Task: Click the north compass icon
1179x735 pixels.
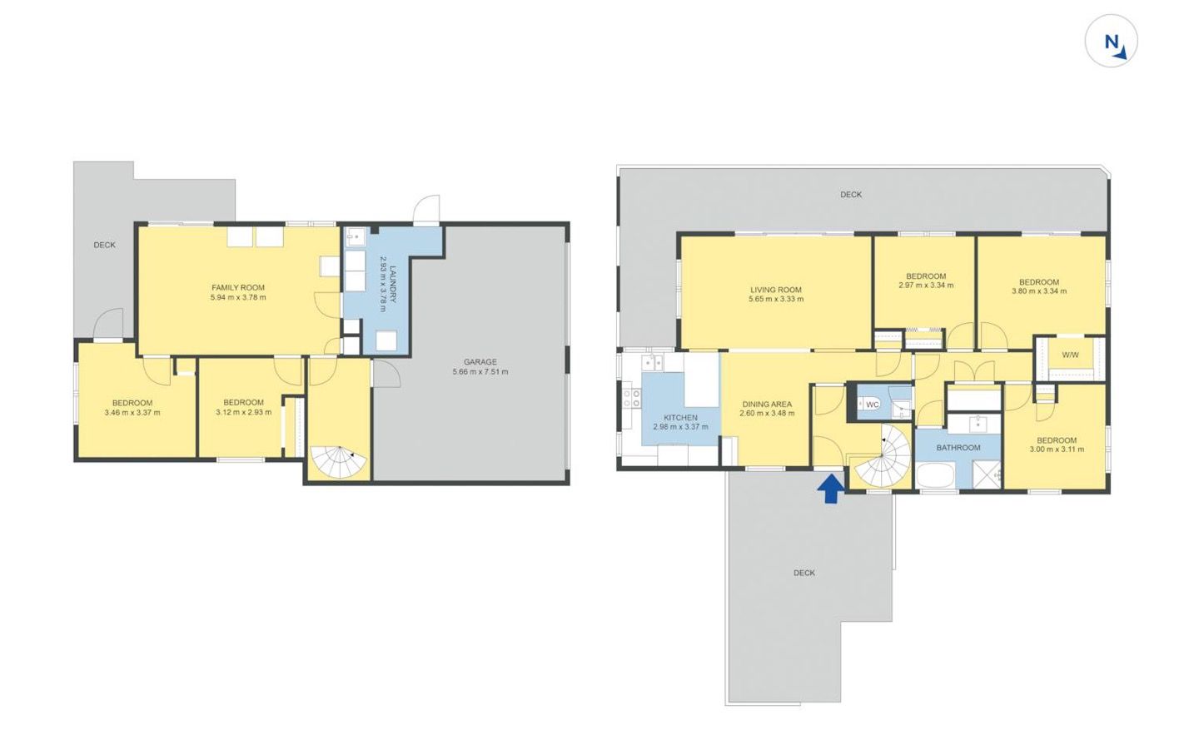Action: [1111, 41]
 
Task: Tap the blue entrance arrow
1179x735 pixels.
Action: [831, 489]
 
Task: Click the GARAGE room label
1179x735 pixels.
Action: [480, 362]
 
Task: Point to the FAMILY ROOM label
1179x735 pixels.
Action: [238, 288]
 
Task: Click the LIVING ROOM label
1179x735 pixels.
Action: [776, 290]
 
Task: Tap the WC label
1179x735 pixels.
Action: [872, 405]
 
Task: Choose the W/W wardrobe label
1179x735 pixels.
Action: [1070, 355]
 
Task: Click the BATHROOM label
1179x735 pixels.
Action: [958, 448]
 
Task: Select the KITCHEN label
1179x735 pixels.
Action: [680, 418]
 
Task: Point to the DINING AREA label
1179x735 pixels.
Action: [767, 404]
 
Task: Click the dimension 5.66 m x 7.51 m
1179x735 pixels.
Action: [480, 372]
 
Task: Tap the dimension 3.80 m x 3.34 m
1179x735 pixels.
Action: [1039, 291]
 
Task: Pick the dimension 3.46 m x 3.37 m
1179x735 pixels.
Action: [132, 413]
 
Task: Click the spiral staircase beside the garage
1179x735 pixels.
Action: [338, 462]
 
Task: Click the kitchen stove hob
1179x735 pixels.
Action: [632, 398]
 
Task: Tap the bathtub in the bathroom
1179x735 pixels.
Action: [936, 475]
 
